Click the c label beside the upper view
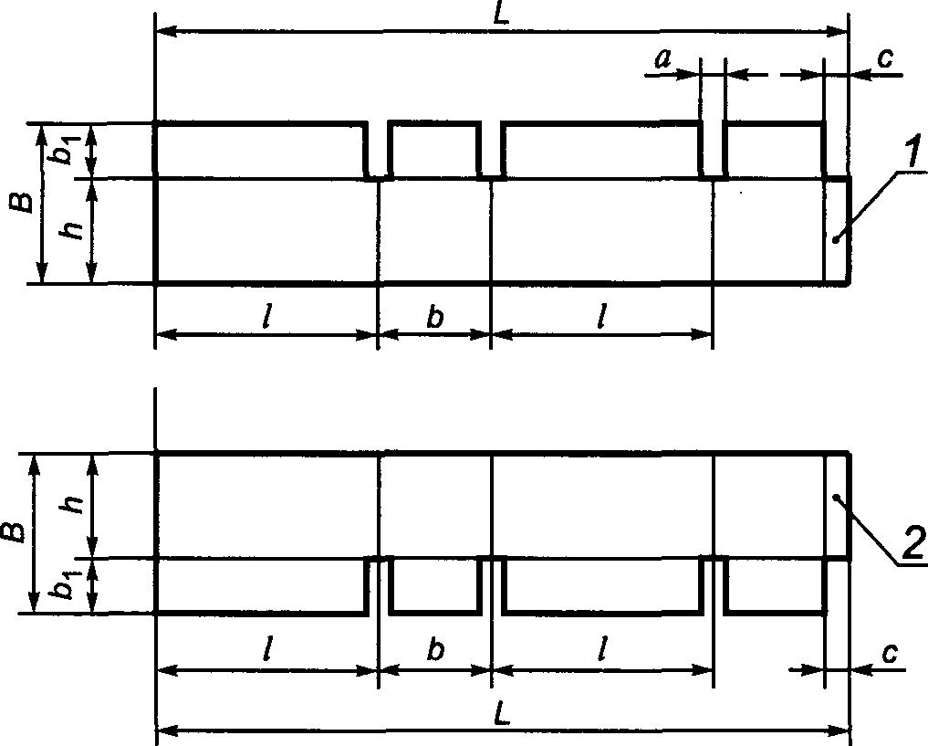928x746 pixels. (x=884, y=58)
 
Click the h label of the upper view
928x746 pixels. (x=77, y=228)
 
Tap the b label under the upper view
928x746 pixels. (x=436, y=317)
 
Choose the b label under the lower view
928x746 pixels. (x=436, y=650)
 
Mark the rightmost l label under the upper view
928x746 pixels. (x=600, y=317)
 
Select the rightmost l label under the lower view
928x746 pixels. (x=600, y=650)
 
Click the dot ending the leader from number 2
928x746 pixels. (x=835, y=498)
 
